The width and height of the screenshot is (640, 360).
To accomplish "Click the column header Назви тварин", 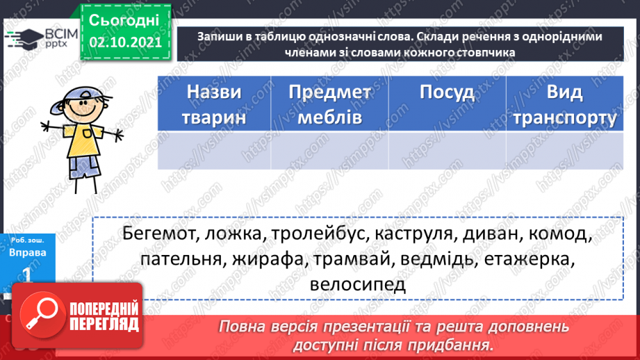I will coord(214,104).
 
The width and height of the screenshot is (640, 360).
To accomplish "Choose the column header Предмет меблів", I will coord(329,104).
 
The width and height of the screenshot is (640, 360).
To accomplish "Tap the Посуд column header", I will coord(447,93).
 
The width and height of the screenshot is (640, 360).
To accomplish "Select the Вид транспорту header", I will coord(564,104).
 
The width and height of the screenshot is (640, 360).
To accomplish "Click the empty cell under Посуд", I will coord(447,150).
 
